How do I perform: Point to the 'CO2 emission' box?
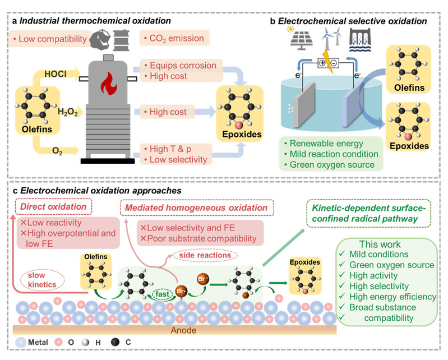point(174,39)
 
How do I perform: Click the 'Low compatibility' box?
point(49,39)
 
